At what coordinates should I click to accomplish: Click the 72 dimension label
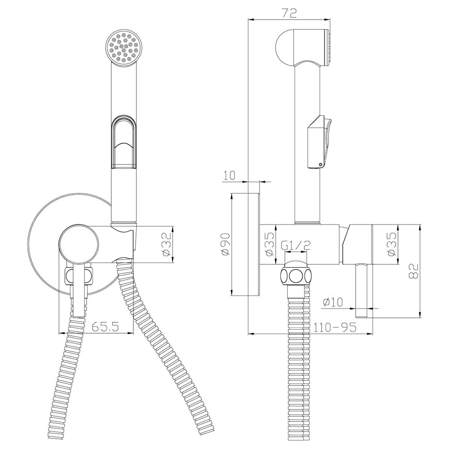(289, 13)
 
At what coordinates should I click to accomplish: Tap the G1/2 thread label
(296, 245)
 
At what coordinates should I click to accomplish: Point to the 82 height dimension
(414, 271)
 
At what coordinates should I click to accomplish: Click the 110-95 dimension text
(335, 327)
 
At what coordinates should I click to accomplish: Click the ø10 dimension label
(333, 302)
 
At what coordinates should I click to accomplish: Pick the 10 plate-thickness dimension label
(229, 175)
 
